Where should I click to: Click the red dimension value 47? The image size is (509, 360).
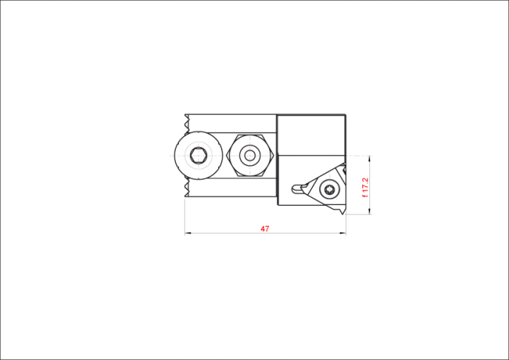pyautogui.click(x=265, y=229)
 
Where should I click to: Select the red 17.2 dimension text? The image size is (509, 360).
pyautogui.click(x=365, y=185)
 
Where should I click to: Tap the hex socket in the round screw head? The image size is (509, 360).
pyautogui.click(x=199, y=156)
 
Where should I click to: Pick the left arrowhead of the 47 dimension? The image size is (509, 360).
pyautogui.click(x=188, y=233)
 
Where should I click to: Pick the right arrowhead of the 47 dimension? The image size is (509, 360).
pyautogui.click(x=343, y=233)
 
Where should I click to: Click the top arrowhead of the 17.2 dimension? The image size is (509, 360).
pyautogui.click(x=369, y=159)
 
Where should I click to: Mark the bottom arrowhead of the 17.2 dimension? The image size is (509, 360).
pyautogui.click(x=369, y=212)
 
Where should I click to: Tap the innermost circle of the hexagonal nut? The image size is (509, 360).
pyautogui.click(x=249, y=156)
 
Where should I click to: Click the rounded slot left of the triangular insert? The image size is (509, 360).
pyautogui.click(x=297, y=189)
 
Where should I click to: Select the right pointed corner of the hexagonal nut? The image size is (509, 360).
pyautogui.click(x=274, y=156)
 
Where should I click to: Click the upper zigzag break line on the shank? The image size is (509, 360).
pyautogui.click(x=186, y=124)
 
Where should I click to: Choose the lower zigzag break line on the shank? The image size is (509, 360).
pyautogui.click(x=186, y=188)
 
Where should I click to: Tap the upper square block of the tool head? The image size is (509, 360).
pyautogui.click(x=311, y=135)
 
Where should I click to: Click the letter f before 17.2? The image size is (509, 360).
pyautogui.click(x=365, y=196)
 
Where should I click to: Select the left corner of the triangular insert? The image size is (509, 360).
pyautogui.click(x=302, y=188)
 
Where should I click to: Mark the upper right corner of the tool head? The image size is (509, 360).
pyautogui.click(x=345, y=115)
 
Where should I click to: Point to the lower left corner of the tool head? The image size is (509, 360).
pyautogui.click(x=278, y=205)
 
